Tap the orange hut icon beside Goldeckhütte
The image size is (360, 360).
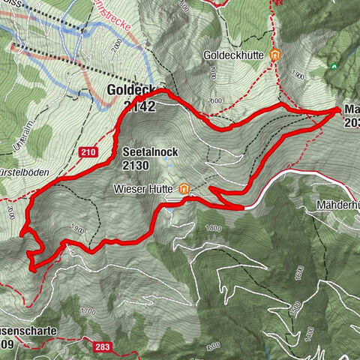pos(275,55)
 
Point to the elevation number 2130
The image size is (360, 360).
pos(137,166)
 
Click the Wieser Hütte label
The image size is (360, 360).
pos(145,189)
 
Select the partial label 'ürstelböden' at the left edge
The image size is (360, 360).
pos(25,172)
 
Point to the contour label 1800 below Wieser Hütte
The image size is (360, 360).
pos(214,228)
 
